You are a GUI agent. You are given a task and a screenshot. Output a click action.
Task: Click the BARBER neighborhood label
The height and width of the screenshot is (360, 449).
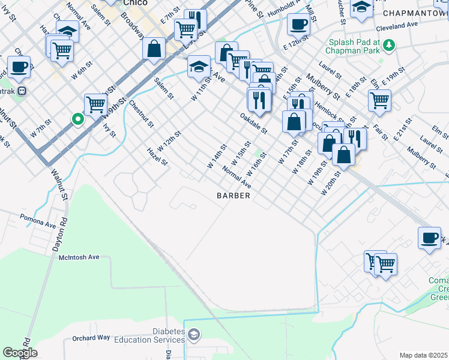click(233, 196)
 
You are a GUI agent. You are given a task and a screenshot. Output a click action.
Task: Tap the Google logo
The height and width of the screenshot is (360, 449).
click(20, 352)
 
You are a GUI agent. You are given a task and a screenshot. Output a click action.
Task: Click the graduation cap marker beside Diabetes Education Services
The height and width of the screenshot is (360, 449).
click(193, 334)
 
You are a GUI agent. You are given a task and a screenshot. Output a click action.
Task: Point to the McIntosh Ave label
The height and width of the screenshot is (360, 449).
click(79, 257)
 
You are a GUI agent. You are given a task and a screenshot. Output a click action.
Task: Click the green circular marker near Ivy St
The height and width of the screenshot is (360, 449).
click(77, 119)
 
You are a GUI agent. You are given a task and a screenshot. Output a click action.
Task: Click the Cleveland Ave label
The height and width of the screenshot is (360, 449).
click(397, 26)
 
